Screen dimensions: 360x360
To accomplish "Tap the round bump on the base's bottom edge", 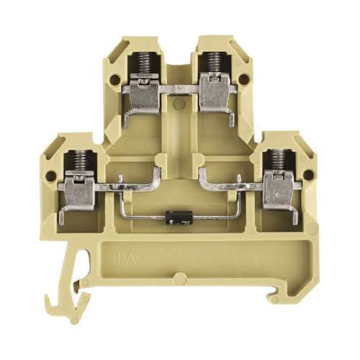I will tap(178, 279).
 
